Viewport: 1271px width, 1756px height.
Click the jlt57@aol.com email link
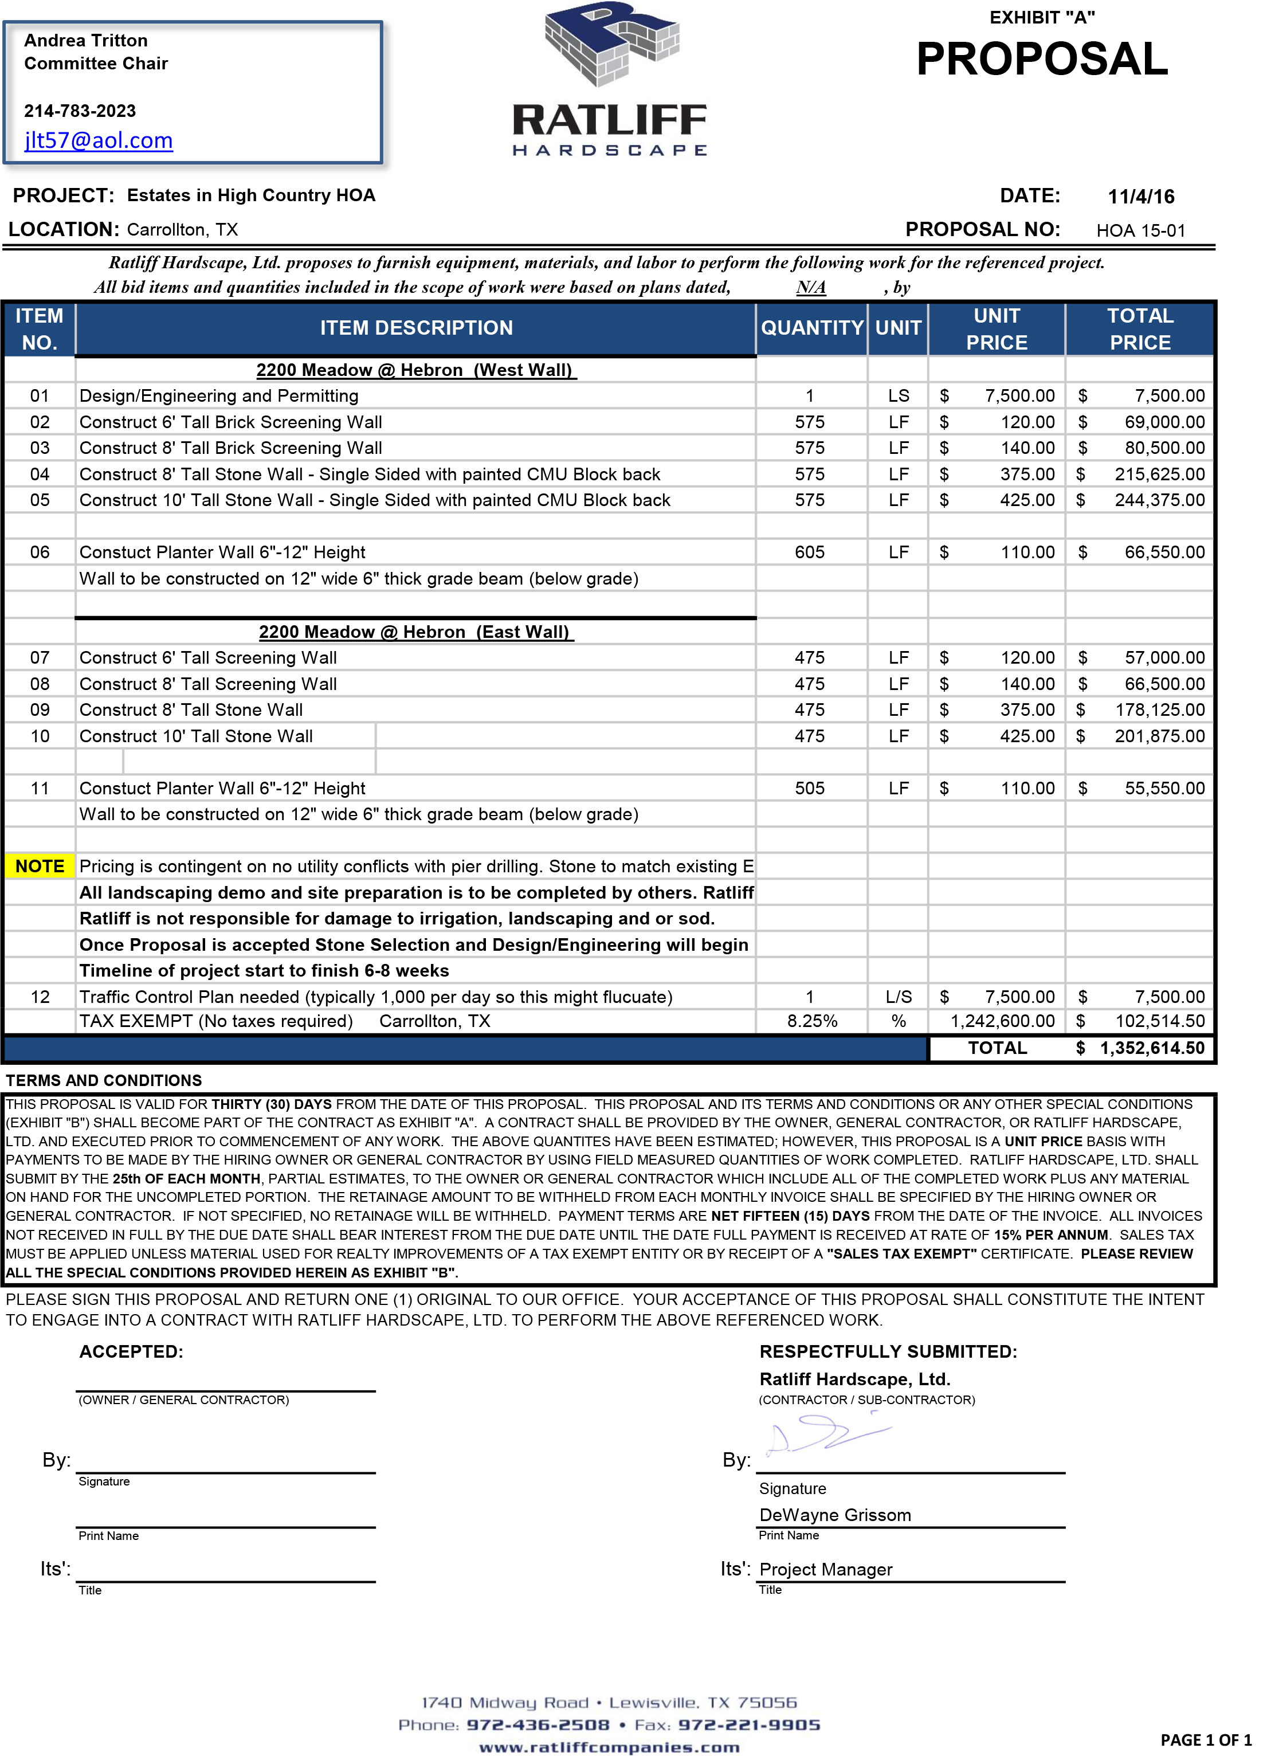click(99, 140)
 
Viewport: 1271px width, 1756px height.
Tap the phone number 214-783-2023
click(80, 111)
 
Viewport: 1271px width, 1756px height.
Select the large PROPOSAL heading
click(1041, 60)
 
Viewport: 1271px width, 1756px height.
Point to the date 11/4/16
click(1140, 197)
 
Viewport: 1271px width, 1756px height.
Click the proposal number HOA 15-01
click(1140, 231)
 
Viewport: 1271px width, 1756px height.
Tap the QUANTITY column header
click(811, 328)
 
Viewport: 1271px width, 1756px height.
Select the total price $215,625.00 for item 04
click(1159, 475)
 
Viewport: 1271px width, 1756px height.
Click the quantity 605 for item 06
click(809, 553)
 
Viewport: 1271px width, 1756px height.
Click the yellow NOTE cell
click(40, 867)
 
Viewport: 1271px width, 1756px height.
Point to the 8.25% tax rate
click(812, 1021)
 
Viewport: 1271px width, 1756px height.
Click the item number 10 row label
click(40, 736)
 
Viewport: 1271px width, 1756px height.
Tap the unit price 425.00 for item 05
click(1026, 500)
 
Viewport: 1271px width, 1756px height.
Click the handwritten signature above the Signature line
click(828, 1436)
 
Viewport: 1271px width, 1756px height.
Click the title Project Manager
click(825, 1569)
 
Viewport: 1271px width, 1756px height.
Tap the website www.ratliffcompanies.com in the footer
click(609, 1747)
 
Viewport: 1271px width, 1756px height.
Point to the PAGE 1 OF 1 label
click(1205, 1741)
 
